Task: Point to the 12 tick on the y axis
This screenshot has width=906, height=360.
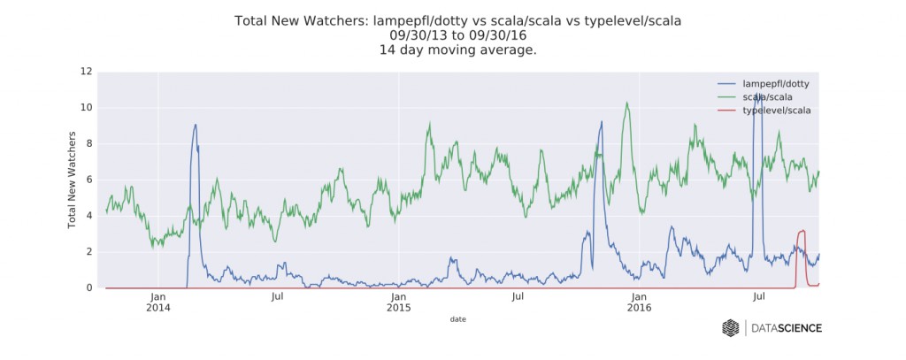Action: (x=86, y=71)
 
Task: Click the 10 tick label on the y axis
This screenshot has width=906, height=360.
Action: (x=86, y=107)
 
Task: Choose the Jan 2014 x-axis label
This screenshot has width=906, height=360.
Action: (x=158, y=303)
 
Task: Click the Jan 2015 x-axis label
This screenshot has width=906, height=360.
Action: (x=399, y=303)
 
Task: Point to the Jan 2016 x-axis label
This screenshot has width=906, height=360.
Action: (x=639, y=303)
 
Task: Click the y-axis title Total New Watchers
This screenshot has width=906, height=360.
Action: (x=73, y=180)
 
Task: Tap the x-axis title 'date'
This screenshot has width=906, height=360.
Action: (x=457, y=318)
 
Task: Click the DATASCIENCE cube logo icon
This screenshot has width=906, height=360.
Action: (x=731, y=328)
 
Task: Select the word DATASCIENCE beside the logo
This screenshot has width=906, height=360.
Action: (x=787, y=328)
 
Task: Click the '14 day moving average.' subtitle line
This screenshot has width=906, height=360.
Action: (x=457, y=50)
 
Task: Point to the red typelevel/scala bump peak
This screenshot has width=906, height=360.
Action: (x=802, y=231)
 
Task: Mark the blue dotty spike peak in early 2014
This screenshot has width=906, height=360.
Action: (x=195, y=125)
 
